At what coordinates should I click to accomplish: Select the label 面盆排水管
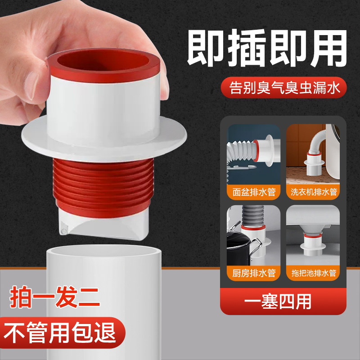pos(254,192)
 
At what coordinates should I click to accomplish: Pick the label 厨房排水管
pos(254,273)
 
